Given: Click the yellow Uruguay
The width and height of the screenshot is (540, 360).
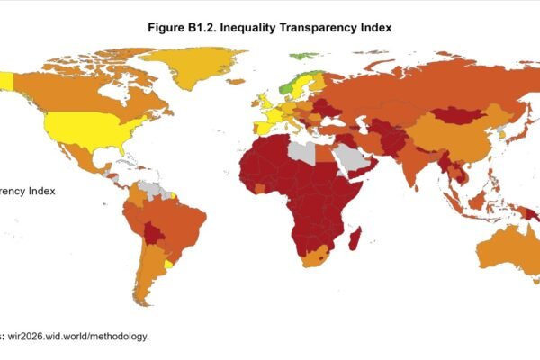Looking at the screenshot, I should (x=169, y=266).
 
